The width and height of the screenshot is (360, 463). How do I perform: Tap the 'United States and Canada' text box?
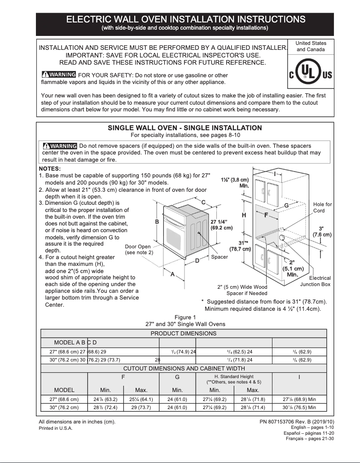(x=311, y=46)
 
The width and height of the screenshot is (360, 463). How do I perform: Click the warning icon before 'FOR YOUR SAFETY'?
(x=58, y=75)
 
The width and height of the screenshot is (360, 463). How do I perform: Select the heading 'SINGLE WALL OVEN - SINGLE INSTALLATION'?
(x=185, y=128)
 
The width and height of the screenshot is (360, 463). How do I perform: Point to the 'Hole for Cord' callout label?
(x=322, y=207)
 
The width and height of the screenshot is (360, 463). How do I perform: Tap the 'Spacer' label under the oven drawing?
(x=220, y=257)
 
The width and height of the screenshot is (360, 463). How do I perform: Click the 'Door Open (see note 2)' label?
(x=138, y=250)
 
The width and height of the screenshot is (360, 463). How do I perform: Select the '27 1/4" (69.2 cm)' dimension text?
(x=222, y=225)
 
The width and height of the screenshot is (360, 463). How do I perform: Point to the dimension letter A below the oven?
(x=172, y=274)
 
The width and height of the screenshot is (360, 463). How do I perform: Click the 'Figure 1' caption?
(x=185, y=317)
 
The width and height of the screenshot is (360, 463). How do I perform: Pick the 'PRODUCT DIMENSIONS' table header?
(x=183, y=333)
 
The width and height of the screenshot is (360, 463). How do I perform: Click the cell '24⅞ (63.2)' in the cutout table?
(x=105, y=399)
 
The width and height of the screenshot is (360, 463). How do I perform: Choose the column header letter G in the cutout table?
(x=177, y=377)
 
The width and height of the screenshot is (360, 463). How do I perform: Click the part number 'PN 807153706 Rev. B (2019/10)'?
(x=297, y=422)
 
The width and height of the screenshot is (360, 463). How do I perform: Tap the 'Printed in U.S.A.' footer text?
(x=56, y=428)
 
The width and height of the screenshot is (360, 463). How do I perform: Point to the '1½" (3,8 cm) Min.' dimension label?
(x=235, y=182)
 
